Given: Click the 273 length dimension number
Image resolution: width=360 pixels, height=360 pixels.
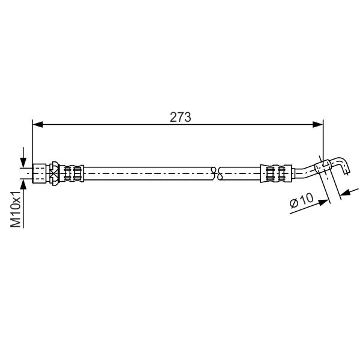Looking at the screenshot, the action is click(x=180, y=117).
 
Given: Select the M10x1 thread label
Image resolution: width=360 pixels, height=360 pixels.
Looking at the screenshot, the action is click(x=16, y=209).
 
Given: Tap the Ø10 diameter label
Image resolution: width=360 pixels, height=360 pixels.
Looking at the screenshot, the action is click(x=301, y=200).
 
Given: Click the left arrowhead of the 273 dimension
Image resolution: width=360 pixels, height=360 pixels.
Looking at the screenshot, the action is click(x=38, y=125).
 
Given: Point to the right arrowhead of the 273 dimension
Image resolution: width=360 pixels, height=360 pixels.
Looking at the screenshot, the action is click(x=318, y=125).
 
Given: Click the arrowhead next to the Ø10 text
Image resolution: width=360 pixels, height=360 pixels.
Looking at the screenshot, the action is click(x=323, y=202).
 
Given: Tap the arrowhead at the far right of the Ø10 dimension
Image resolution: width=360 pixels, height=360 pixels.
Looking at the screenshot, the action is click(x=345, y=193).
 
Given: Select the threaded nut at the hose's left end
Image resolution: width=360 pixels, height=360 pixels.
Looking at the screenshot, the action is click(x=39, y=173).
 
